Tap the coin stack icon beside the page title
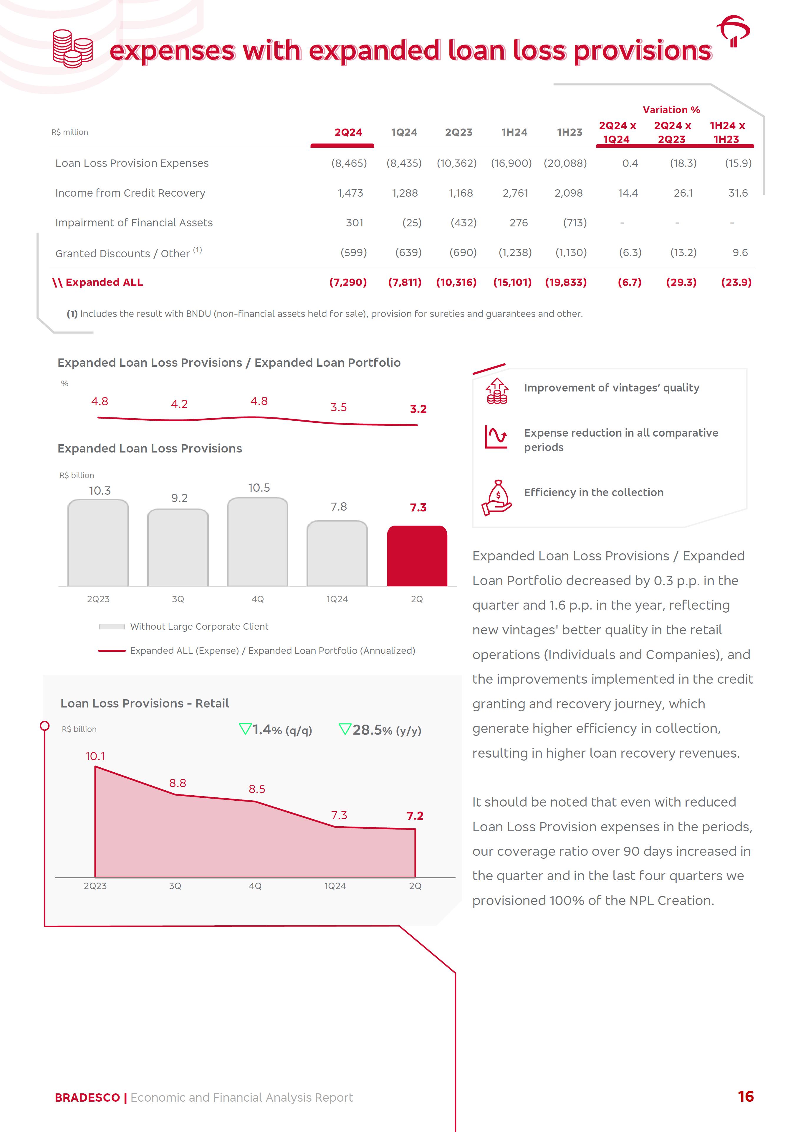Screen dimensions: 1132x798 pos(72,49)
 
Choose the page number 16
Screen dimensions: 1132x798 pos(745,1097)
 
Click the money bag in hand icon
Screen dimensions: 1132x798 pos(496,498)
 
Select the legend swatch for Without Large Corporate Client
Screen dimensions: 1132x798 pos(112,627)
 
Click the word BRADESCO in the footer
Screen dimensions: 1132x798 pos(87,1098)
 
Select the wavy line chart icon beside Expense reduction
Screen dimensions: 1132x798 pos(496,437)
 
